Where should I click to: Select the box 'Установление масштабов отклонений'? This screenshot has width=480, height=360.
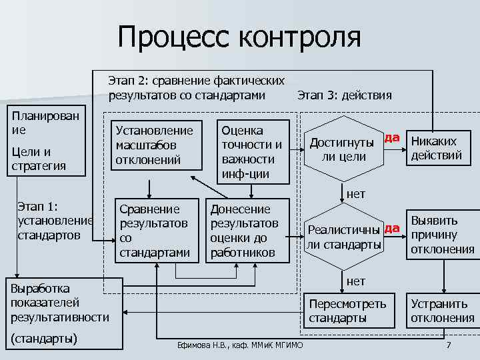coord(154,145)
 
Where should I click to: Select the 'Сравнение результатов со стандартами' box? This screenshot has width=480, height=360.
coord(154,230)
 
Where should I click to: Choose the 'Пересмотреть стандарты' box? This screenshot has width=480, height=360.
coord(347,311)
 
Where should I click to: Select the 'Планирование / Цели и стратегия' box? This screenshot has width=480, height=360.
coord(45,141)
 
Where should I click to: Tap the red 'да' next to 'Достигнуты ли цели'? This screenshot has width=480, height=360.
coord(391,138)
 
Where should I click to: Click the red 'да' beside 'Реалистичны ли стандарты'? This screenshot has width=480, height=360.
coord(391,229)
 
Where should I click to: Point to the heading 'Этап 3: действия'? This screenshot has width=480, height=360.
coord(345,95)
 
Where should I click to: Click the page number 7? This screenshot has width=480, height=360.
coord(449,345)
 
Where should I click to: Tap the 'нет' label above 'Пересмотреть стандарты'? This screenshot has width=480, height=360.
coord(356,281)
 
